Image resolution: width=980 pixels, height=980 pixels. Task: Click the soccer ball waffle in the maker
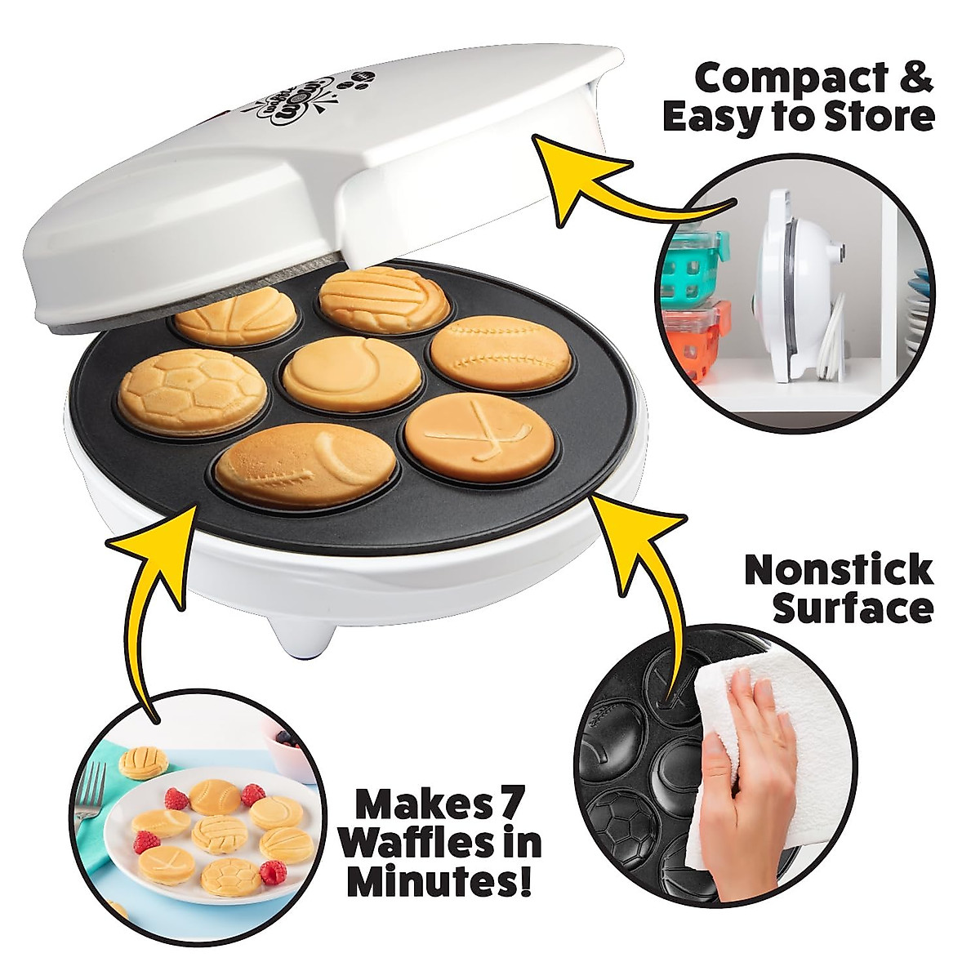pos(193,391)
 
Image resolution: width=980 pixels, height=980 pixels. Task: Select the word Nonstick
pos(838,570)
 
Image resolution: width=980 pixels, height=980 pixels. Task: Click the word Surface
pos(853,609)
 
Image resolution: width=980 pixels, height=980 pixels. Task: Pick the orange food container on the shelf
pos(694,343)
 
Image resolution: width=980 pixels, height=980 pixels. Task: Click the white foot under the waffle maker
pos(294,633)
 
